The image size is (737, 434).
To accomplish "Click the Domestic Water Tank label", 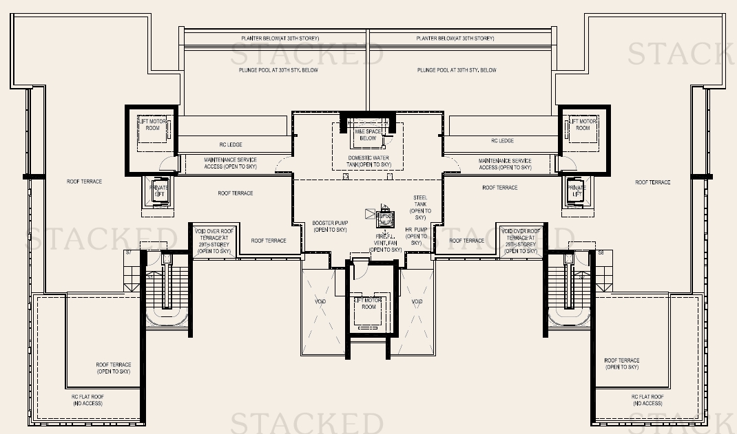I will click(368, 162).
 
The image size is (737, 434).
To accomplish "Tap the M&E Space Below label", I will click(368, 134).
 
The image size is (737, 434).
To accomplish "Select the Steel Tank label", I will click(420, 207).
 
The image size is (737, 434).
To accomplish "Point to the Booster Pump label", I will click(329, 226).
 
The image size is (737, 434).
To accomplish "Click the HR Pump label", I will click(417, 236).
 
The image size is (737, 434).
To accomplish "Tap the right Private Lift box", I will click(576, 191).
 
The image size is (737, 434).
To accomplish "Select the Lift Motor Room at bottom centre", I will click(368, 303).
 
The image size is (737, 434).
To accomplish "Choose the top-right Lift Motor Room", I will click(583, 124).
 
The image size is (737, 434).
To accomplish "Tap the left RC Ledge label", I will click(231, 143).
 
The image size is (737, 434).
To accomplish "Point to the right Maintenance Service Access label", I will click(505, 164).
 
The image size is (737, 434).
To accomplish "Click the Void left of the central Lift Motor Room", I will click(320, 302).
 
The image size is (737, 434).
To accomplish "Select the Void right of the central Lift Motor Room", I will click(417, 302).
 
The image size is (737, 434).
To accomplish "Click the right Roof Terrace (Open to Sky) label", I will click(621, 364).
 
